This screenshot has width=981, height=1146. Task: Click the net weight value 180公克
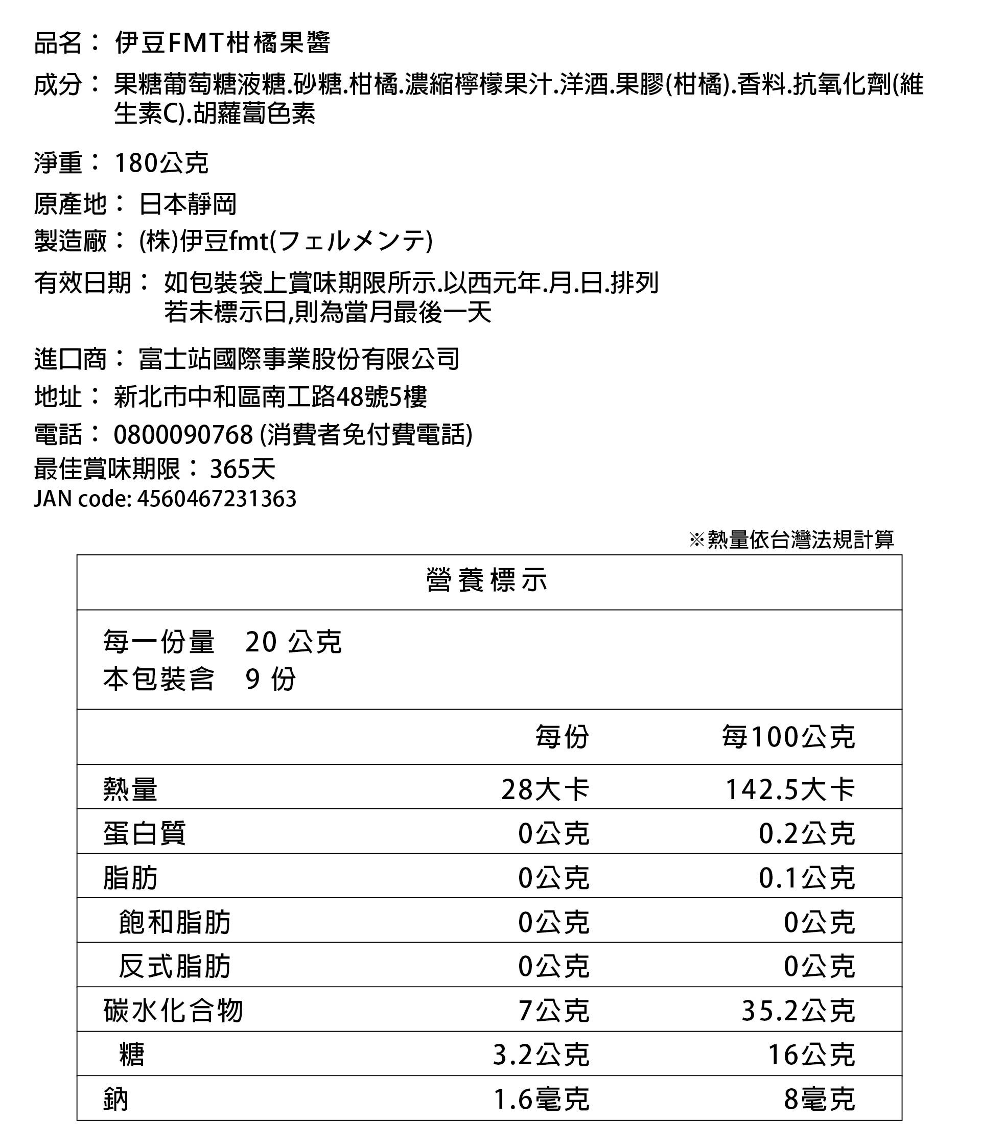coord(161,162)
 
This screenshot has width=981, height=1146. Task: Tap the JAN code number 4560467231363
coord(216,499)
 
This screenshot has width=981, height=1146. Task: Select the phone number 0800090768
coord(183,434)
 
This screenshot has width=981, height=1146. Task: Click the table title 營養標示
coord(487,581)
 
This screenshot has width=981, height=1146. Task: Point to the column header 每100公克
coord(788,737)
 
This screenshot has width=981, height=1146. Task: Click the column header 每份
coord(562,737)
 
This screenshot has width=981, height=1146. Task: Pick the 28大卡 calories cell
coord(545,789)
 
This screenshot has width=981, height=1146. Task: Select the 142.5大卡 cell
coord(790,789)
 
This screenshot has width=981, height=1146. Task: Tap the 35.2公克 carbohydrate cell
coord(798,1011)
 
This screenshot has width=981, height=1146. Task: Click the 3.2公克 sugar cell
coord(541,1055)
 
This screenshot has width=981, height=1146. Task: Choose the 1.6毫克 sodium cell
coord(541,1100)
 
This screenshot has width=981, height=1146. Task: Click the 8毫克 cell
coord(819,1100)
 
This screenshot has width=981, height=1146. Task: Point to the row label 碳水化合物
coord(173,1011)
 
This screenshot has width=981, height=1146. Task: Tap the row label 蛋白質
coord(144,833)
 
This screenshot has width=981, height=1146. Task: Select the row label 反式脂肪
coord(174,966)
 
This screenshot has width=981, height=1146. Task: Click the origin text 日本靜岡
coord(188,204)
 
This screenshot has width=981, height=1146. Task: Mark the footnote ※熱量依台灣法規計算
coord(791,539)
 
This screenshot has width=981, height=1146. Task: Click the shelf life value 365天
coord(242,469)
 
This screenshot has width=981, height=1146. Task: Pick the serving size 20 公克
coord(293,642)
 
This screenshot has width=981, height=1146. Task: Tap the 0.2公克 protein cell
coord(806,833)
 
